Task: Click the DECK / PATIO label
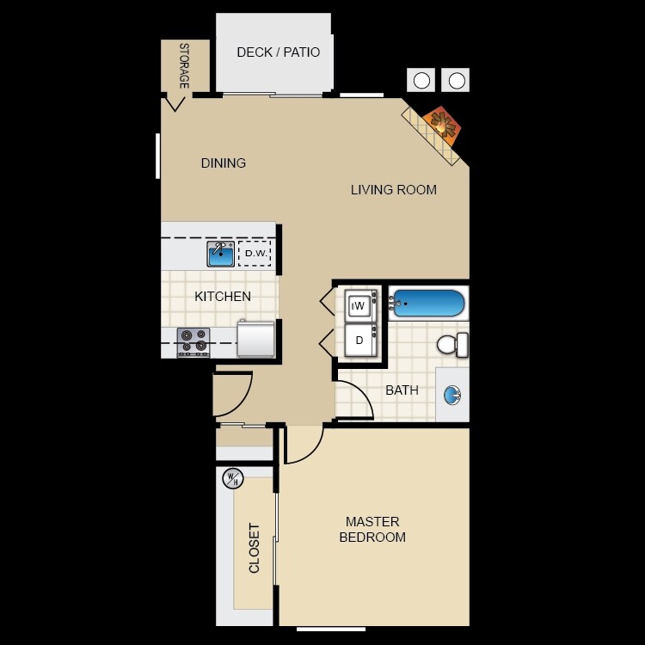coord(278,52)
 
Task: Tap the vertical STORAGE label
coord(183,66)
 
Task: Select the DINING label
coord(224,163)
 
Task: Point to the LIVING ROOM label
coord(393,190)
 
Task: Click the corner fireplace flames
coord(444,125)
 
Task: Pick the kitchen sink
coord(221,254)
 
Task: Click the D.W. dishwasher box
coord(255,254)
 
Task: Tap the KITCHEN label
coord(223,297)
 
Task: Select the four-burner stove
coord(193,341)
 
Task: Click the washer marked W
coord(359,305)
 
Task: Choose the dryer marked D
coord(359,340)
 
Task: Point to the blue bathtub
coord(427,304)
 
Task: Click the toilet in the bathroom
coord(452,345)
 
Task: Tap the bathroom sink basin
coord(452,396)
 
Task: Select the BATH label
coord(402,390)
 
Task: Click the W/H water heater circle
coord(232,478)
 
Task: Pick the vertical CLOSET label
coord(255,548)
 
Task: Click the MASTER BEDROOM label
coord(372,529)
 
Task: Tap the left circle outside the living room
coord(421,81)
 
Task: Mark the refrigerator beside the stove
coord(255,339)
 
